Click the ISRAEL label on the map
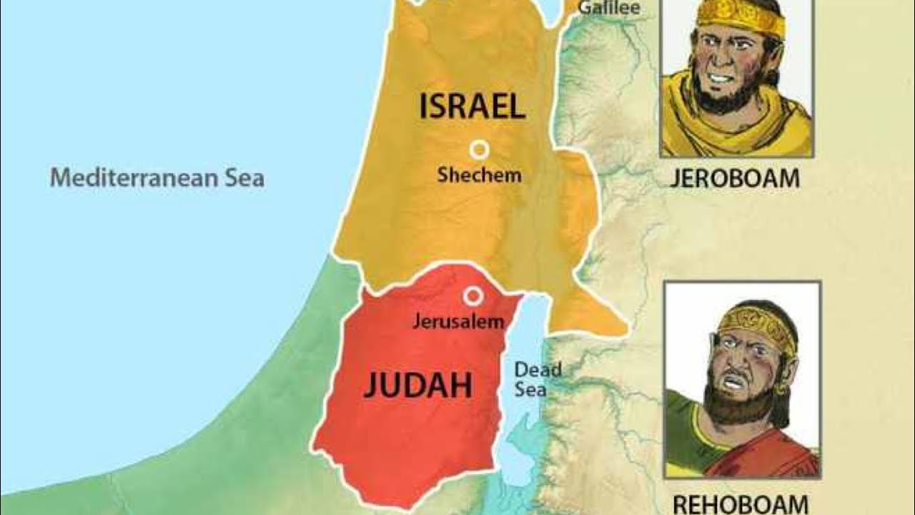[472, 107]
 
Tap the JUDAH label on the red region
[417, 386]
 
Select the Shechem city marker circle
[479, 149]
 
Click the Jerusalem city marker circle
[472, 295]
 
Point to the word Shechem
[479, 175]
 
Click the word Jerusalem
[458, 322]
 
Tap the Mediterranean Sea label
[157, 177]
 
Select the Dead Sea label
[538, 380]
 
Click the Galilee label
[608, 9]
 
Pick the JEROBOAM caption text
[734, 179]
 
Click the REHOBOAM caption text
[741, 503]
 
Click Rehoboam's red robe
[765, 458]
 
